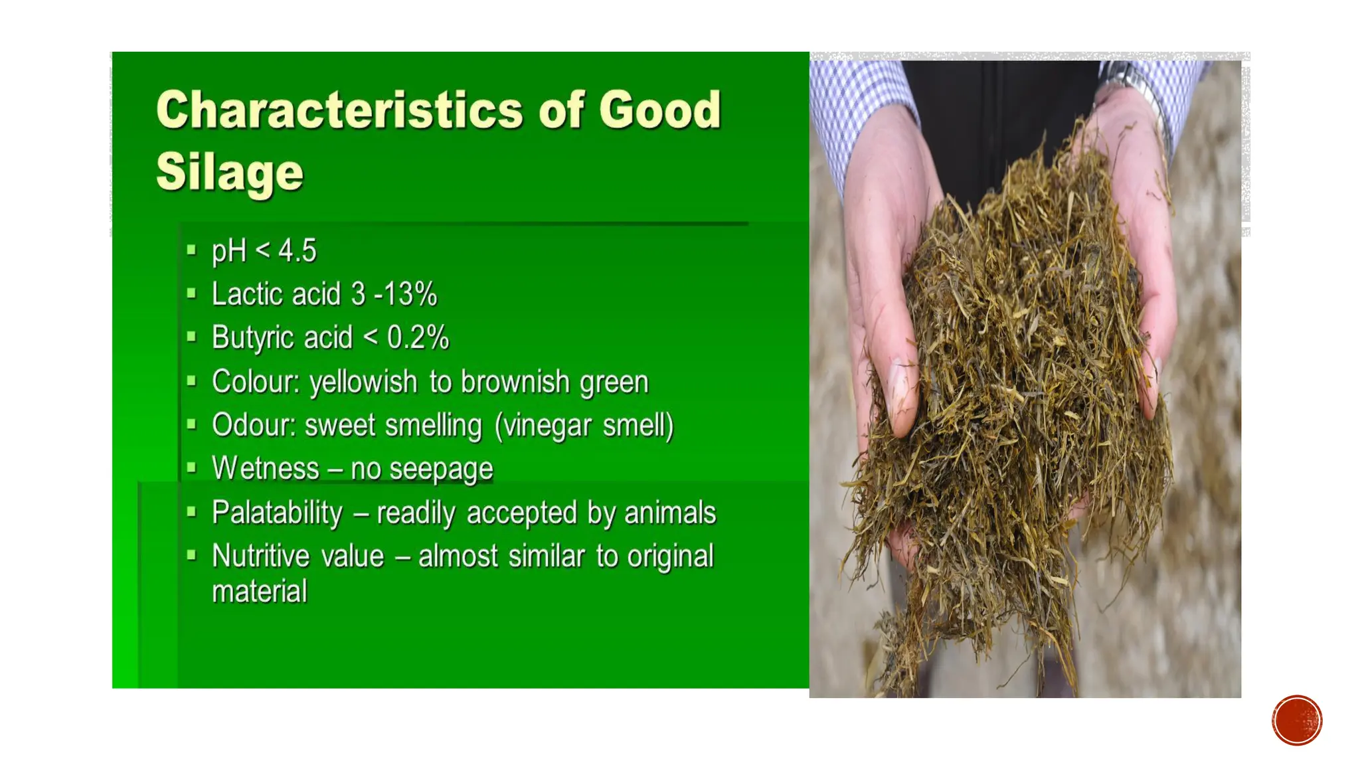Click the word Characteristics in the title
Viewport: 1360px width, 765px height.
pos(339,110)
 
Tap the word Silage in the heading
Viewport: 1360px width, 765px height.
pos(229,171)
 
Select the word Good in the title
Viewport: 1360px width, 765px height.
pos(659,110)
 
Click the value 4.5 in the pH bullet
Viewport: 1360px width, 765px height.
pos(297,251)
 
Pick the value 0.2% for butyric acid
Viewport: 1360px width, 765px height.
pos(418,337)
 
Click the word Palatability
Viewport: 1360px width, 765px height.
pos(277,513)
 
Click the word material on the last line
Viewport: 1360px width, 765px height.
pos(260,591)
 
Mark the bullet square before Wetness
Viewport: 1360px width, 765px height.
pos(192,468)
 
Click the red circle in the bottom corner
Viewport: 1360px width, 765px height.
pos(1296,721)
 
